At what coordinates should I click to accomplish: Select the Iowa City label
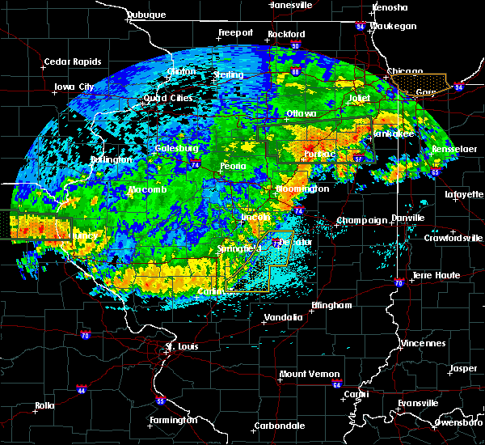click(74, 87)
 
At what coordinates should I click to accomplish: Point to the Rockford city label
click(289, 34)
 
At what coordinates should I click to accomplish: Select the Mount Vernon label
click(302, 374)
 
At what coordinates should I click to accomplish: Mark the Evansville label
click(416, 402)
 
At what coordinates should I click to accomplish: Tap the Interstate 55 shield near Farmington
click(160, 401)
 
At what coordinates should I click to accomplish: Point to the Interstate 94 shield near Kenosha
click(359, 26)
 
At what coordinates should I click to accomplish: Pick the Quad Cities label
click(168, 98)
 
